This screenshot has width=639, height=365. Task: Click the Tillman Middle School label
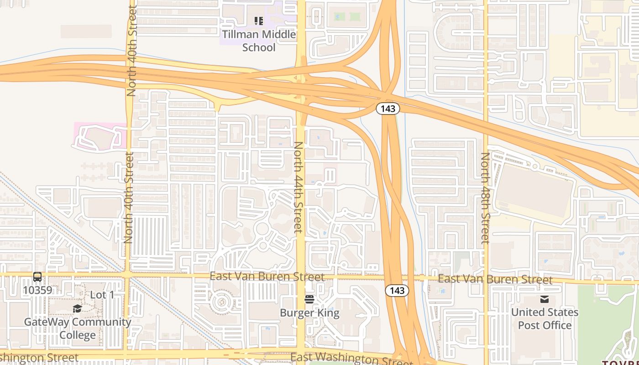tap(259, 41)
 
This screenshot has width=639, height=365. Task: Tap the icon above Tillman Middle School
tap(259, 21)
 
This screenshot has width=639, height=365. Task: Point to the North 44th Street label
tap(298, 187)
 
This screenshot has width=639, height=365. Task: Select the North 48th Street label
tap(485, 198)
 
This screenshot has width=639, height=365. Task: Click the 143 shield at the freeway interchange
tap(388, 109)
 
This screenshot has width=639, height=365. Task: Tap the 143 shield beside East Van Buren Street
tap(397, 291)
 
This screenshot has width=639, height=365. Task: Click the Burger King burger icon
tap(309, 299)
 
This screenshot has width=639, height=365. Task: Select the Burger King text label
tap(309, 313)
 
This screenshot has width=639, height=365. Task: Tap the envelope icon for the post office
tap(544, 299)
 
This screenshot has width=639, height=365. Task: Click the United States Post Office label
tap(545, 318)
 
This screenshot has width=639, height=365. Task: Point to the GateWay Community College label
tap(78, 328)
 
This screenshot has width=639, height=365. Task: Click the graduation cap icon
tap(77, 309)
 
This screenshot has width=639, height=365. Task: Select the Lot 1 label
tap(102, 295)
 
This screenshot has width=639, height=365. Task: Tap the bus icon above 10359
tap(37, 277)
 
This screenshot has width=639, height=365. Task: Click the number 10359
tap(37, 290)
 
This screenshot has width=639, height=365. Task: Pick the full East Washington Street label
tap(351, 358)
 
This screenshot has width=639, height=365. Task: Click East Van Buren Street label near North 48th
tap(495, 279)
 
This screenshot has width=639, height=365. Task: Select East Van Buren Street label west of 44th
tap(267, 276)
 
